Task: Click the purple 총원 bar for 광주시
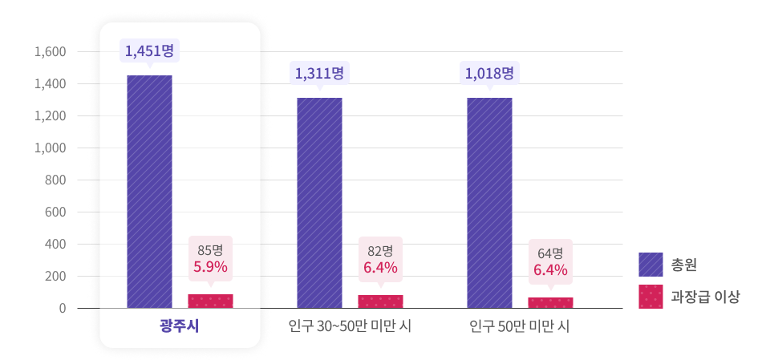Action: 149,192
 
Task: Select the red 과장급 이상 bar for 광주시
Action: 210,301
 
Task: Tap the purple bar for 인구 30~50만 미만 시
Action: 319,203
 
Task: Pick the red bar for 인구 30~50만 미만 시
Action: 380,301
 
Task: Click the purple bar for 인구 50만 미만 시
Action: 489,203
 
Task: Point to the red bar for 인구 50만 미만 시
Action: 550,303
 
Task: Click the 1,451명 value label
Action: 149,51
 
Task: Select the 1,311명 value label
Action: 319,74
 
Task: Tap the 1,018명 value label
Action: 489,74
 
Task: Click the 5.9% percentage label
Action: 210,266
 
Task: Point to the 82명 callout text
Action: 380,250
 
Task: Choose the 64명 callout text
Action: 550,253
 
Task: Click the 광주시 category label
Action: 179,326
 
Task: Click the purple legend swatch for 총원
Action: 650,264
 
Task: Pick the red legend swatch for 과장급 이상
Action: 650,297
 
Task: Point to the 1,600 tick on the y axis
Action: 50,52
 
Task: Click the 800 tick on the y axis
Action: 54,180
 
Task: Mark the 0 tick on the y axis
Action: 62,309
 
